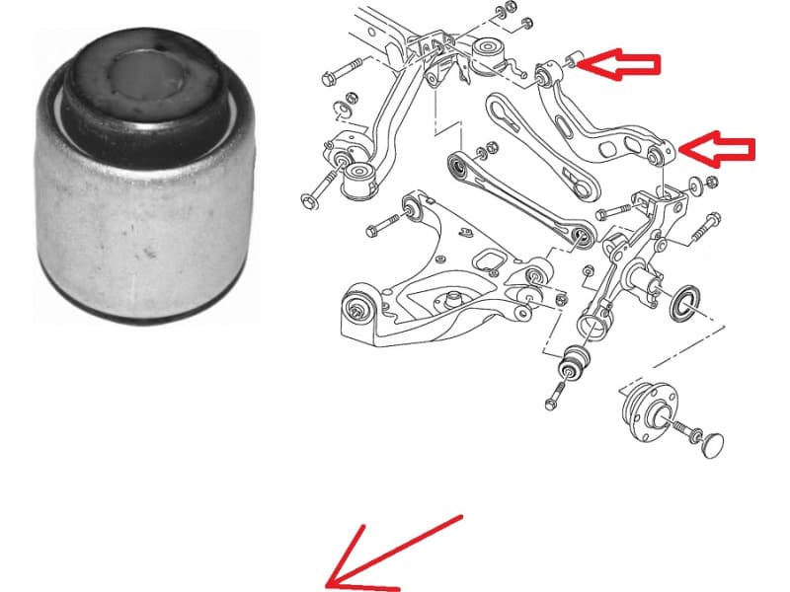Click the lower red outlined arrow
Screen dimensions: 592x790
tap(719, 149)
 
